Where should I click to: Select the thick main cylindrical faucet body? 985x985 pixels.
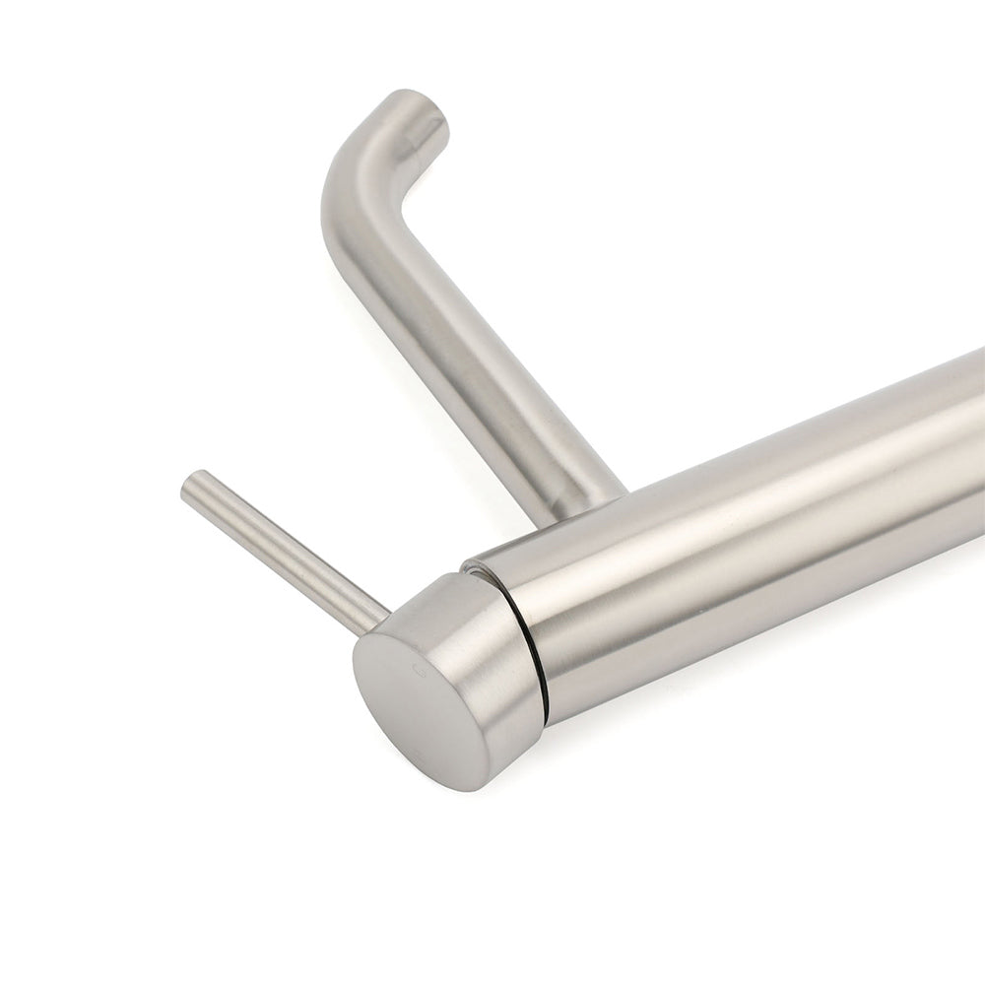point(739,552)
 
